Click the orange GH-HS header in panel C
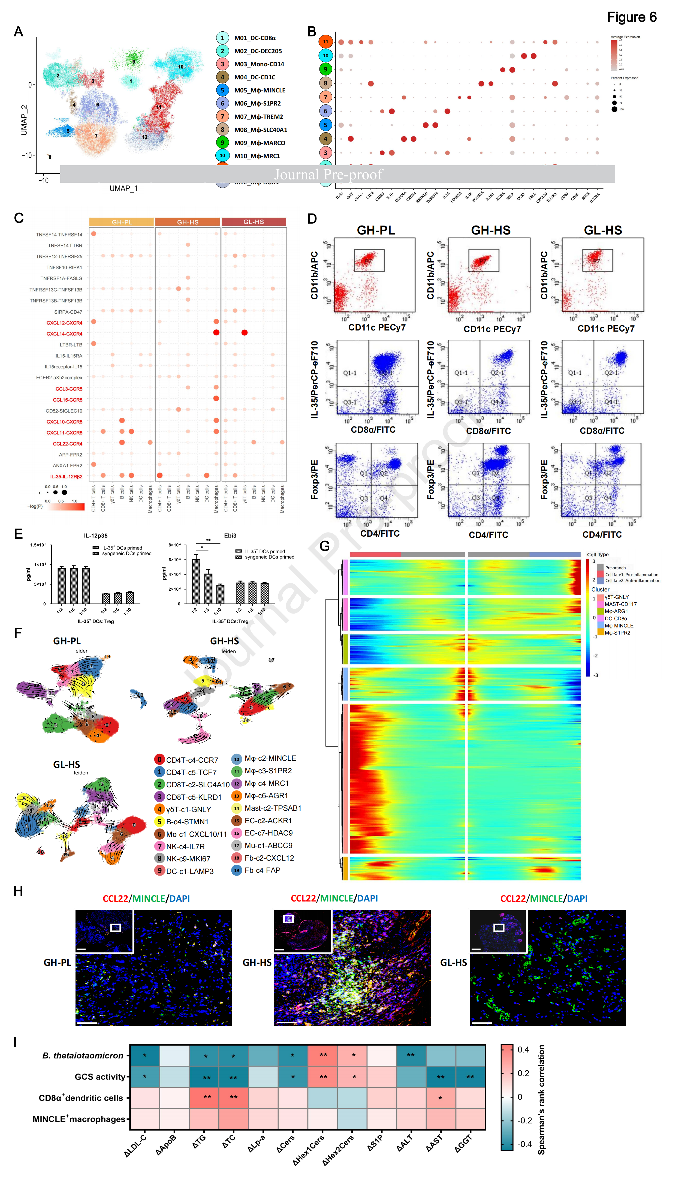[188, 222]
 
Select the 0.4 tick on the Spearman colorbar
[523, 1050]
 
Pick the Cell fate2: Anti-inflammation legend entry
[632, 580]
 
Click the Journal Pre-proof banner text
[328, 174]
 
